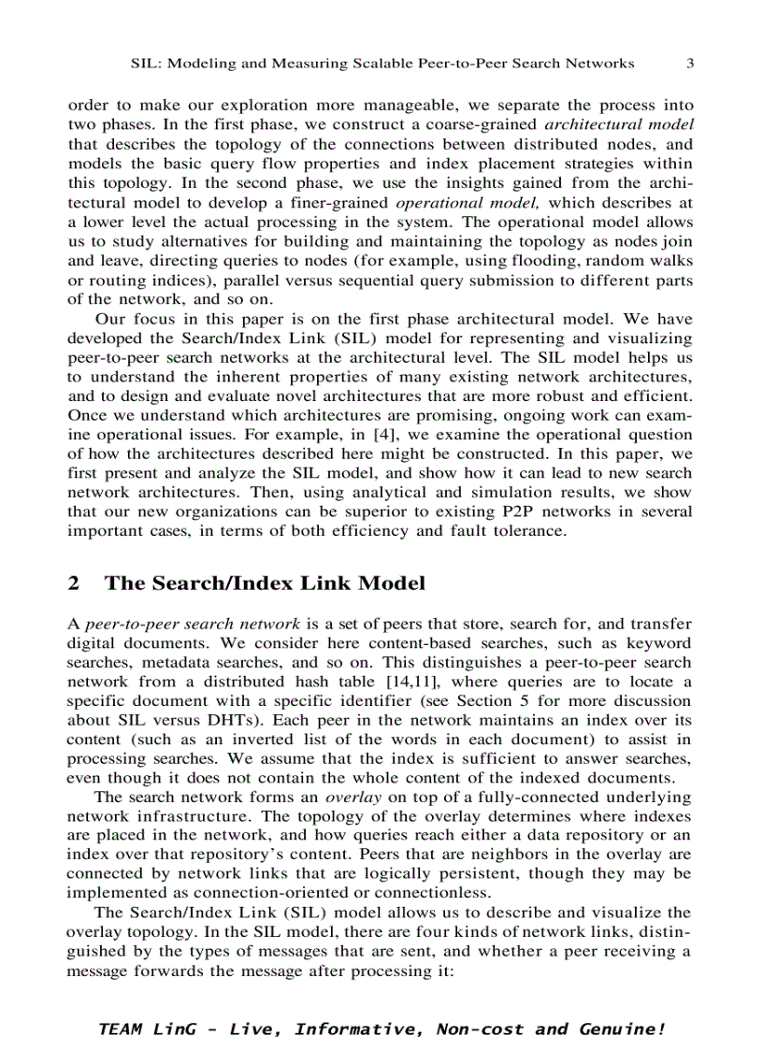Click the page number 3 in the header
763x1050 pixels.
pyautogui.click(x=690, y=64)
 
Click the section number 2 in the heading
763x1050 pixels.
pyautogui.click(x=74, y=583)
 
